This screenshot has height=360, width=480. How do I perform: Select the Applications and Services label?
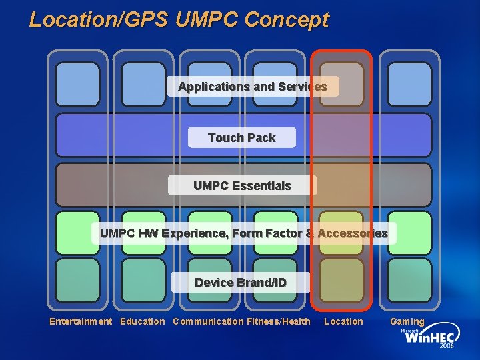coord(253,87)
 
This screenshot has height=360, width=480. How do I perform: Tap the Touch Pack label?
coord(241,138)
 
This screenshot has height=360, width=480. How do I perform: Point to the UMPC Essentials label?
coord(242,185)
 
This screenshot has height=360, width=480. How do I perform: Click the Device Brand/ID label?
coord(241,283)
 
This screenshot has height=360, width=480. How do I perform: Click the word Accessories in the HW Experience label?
coord(353,233)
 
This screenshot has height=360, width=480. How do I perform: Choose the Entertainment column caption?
coord(81,322)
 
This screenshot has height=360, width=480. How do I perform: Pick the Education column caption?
coord(143,322)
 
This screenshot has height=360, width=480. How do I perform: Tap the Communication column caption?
coord(208,322)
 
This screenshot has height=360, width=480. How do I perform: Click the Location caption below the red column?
coord(343,322)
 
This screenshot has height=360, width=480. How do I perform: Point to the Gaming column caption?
coord(407,322)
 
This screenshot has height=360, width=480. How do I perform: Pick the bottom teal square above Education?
coord(143,280)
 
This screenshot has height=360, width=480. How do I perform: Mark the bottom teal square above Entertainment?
coord(77,280)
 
